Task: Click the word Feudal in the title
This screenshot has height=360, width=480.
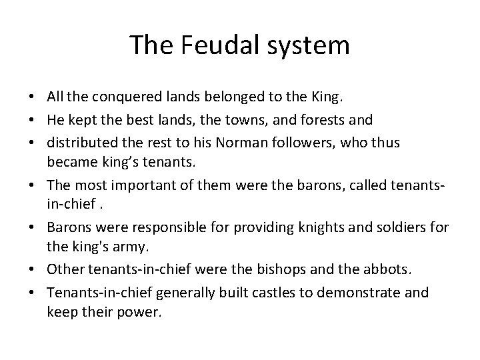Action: pyautogui.click(x=210, y=45)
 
